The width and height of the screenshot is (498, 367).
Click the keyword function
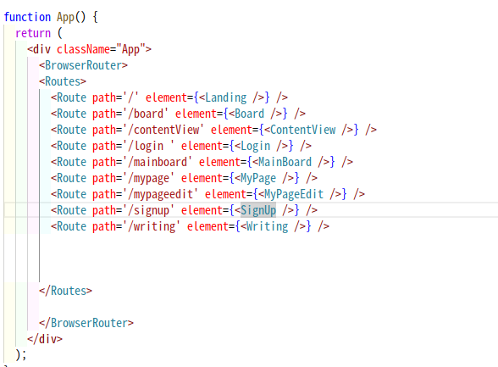coord(27,17)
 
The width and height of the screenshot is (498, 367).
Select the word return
coord(33,33)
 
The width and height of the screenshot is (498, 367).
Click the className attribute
coord(83,49)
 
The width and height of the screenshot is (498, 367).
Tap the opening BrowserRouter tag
coord(83,65)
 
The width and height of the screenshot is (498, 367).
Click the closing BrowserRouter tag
coord(86,323)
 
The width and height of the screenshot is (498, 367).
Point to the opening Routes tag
coord(63,81)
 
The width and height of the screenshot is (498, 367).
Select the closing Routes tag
coord(66,291)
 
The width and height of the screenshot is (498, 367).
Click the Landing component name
coord(226,97)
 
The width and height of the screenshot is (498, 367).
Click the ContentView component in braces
coord(302,130)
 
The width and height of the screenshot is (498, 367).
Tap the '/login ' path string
coord(151,146)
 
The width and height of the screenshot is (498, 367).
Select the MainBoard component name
coord(285,162)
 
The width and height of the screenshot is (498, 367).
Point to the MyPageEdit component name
coord(294,194)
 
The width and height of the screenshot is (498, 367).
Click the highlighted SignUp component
coord(258,210)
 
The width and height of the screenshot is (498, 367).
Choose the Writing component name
coord(267,226)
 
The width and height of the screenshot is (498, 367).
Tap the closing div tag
coord(45,339)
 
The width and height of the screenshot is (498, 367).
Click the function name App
coord(65,17)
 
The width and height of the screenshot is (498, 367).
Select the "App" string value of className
coord(130,49)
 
